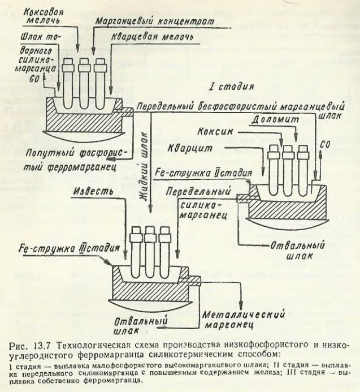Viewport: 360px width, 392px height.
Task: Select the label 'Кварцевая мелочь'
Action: click(x=155, y=36)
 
